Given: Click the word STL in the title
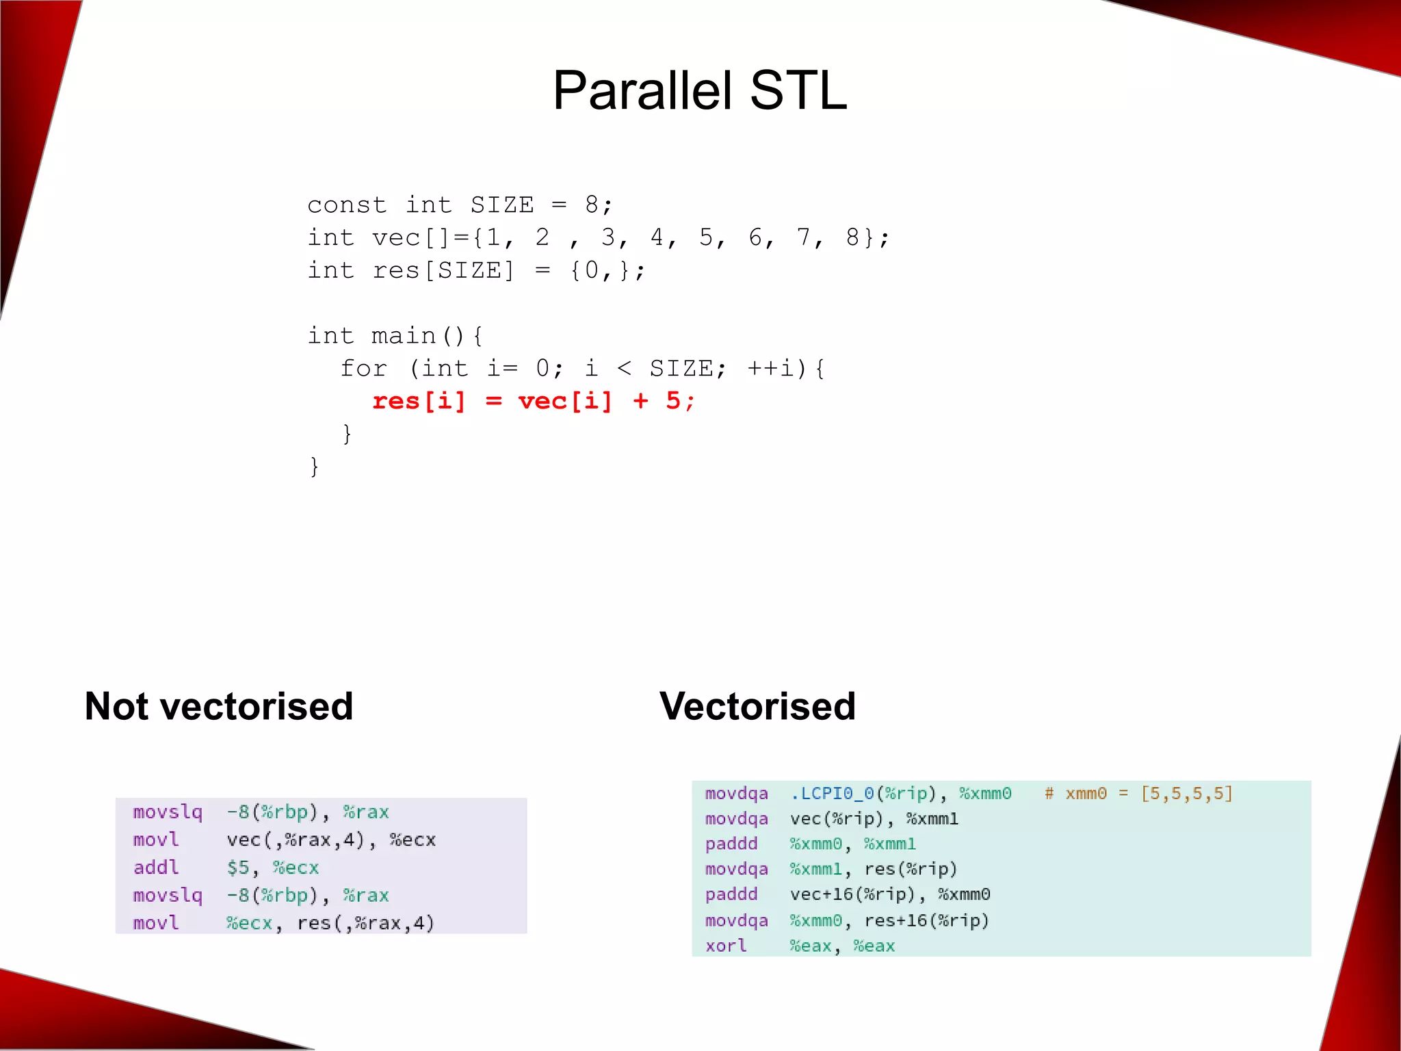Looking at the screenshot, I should point(798,90).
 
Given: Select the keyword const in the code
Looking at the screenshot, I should point(347,205).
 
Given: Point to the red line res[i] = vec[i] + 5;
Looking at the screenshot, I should point(533,401).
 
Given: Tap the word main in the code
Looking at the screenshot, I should point(404,335).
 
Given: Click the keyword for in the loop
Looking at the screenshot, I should point(363,368).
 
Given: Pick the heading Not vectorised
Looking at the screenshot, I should point(219,706).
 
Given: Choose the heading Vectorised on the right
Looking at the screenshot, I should point(757,706).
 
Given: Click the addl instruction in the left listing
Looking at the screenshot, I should point(156,868).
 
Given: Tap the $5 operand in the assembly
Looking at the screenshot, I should point(238,868).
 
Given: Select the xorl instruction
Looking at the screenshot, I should point(726,946).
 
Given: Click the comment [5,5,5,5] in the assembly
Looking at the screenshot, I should point(1187,794).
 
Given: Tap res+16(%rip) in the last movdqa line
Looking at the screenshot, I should point(927,920).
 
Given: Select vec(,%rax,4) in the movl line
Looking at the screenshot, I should point(296,840).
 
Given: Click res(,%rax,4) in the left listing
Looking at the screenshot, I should point(366,923).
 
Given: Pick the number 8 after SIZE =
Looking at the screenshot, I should point(591,205).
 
